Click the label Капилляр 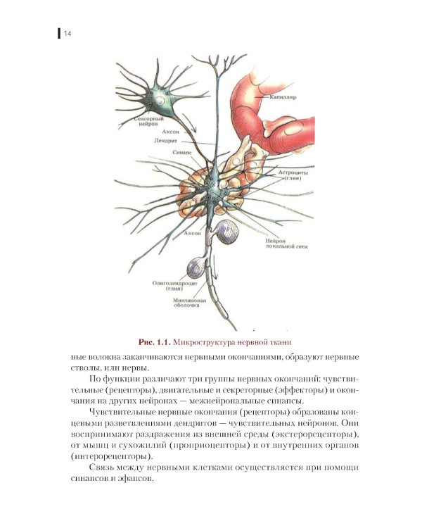(x=283, y=97)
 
